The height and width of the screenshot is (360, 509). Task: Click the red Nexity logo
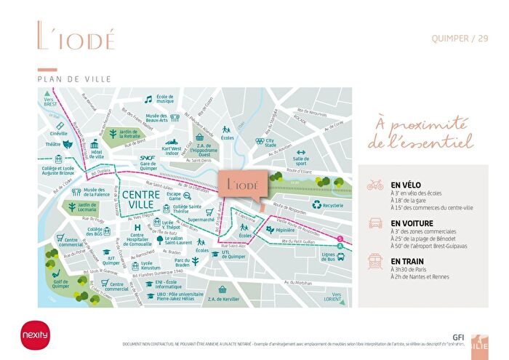(34, 335)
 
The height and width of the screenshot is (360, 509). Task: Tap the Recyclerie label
(332, 206)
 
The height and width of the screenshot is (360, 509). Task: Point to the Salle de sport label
(301, 161)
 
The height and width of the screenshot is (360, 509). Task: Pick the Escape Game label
(175, 197)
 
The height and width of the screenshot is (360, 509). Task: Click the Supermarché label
(201, 219)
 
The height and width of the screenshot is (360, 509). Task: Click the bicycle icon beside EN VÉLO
(375, 185)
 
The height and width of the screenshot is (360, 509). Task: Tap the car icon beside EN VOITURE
(375, 224)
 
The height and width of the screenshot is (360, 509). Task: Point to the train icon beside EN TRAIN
(375, 260)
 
